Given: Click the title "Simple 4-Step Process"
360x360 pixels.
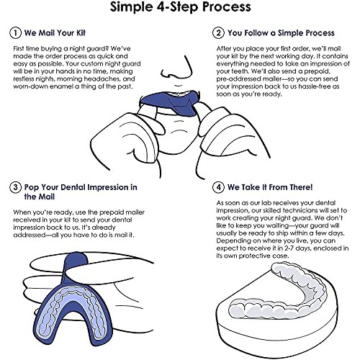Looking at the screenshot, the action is pyautogui.click(x=181, y=6).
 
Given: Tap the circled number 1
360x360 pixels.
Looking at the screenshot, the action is pyautogui.click(x=15, y=32).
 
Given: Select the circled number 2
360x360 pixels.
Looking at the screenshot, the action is pyautogui.click(x=218, y=32).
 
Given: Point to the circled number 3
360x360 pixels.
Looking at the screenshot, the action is pyautogui.click(x=15, y=187).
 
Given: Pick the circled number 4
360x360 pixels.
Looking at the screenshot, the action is pyautogui.click(x=218, y=187).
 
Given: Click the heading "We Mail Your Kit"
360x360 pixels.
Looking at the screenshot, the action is pyautogui.click(x=55, y=33).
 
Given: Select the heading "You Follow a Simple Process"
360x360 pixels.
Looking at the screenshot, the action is pyautogui.click(x=281, y=33).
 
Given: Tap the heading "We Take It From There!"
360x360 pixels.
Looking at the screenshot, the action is pyautogui.click(x=270, y=187).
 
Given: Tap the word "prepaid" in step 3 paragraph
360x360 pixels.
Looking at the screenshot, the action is pyautogui.click(x=112, y=212).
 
